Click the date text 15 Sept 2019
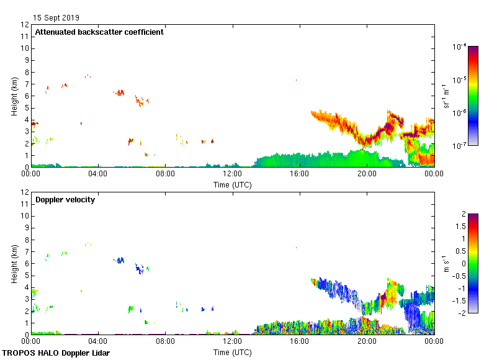click(x=56, y=18)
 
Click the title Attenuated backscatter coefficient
click(x=99, y=32)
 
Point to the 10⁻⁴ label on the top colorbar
click(x=460, y=47)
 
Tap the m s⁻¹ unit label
click(x=446, y=263)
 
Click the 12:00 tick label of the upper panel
click(x=232, y=174)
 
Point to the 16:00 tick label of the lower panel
click(x=300, y=341)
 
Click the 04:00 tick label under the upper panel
click(x=98, y=174)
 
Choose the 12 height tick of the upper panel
click(x=25, y=25)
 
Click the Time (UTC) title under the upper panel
click(x=232, y=184)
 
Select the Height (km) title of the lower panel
click(x=14, y=263)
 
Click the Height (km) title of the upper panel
click(x=14, y=96)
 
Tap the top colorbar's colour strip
click(x=473, y=96)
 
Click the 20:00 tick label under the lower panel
click(x=367, y=341)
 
